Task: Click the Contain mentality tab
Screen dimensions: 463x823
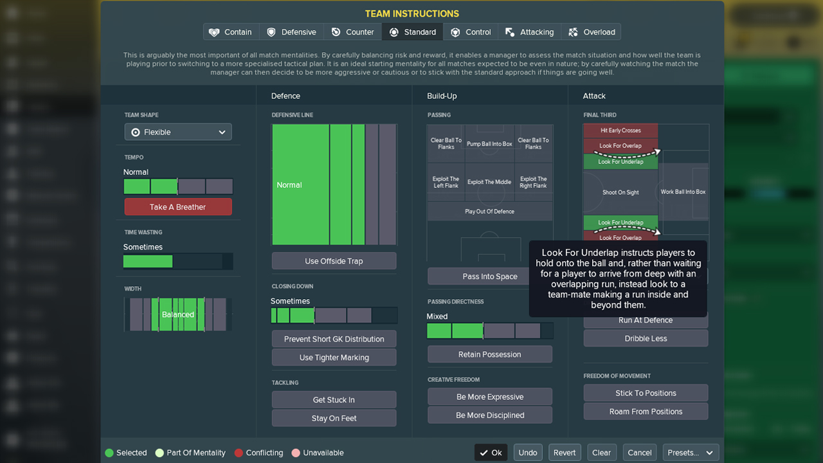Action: [231, 32]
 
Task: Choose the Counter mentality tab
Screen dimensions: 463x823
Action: [352, 32]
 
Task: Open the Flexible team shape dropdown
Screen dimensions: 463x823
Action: [178, 132]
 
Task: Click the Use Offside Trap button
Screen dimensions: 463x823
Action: [334, 261]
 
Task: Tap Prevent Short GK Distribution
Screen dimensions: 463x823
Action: [334, 339]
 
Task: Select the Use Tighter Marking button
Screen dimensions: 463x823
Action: [334, 358]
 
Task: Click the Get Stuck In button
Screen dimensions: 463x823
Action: [334, 400]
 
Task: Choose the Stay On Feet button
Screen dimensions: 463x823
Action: [334, 418]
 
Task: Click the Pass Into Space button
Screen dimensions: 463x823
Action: [489, 277]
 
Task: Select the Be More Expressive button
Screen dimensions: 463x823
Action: [489, 397]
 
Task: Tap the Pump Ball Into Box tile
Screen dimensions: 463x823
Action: [489, 143]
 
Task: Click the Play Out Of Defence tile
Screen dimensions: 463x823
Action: [489, 212]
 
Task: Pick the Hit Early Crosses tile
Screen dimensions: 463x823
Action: [620, 131]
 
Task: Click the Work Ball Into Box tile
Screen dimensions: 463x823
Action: [683, 192]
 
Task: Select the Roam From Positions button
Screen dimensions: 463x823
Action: [646, 412]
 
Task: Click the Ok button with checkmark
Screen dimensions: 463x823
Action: [491, 453]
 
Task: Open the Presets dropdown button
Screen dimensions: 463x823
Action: [691, 453]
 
